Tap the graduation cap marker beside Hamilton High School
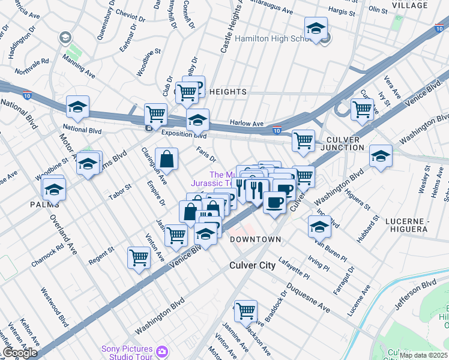316,28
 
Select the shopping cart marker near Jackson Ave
246,311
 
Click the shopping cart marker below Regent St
139,257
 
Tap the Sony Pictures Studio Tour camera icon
161,350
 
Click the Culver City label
252,265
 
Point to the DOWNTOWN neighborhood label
255,239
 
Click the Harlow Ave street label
247,124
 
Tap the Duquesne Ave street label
307,299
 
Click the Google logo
20,353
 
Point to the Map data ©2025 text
423,355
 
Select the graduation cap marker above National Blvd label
77,107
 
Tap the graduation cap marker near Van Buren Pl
319,227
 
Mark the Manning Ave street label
81,70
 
